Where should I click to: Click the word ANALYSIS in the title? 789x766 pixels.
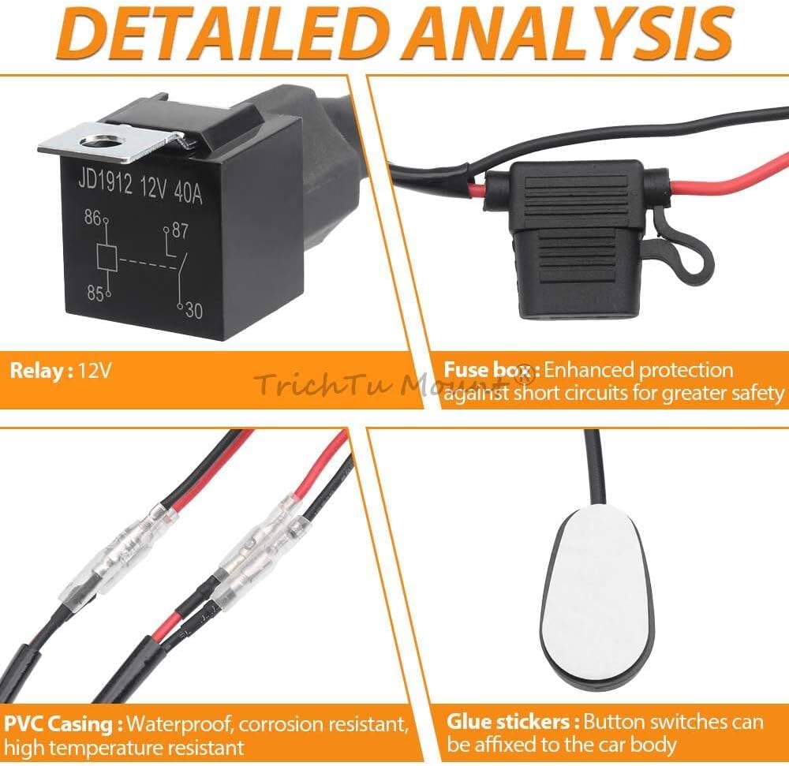click(x=574, y=33)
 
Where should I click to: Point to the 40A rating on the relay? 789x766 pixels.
click(x=189, y=192)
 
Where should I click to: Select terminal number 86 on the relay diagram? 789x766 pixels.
click(x=92, y=217)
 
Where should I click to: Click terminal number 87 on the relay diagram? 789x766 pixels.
click(x=180, y=230)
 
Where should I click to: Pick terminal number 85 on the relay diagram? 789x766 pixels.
click(x=95, y=293)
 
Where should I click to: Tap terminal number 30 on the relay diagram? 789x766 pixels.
click(x=194, y=310)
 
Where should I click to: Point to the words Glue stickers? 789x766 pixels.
click(x=514, y=723)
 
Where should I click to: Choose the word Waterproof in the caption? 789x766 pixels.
click(x=180, y=725)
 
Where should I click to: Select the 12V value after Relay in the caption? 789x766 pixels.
click(x=95, y=372)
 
